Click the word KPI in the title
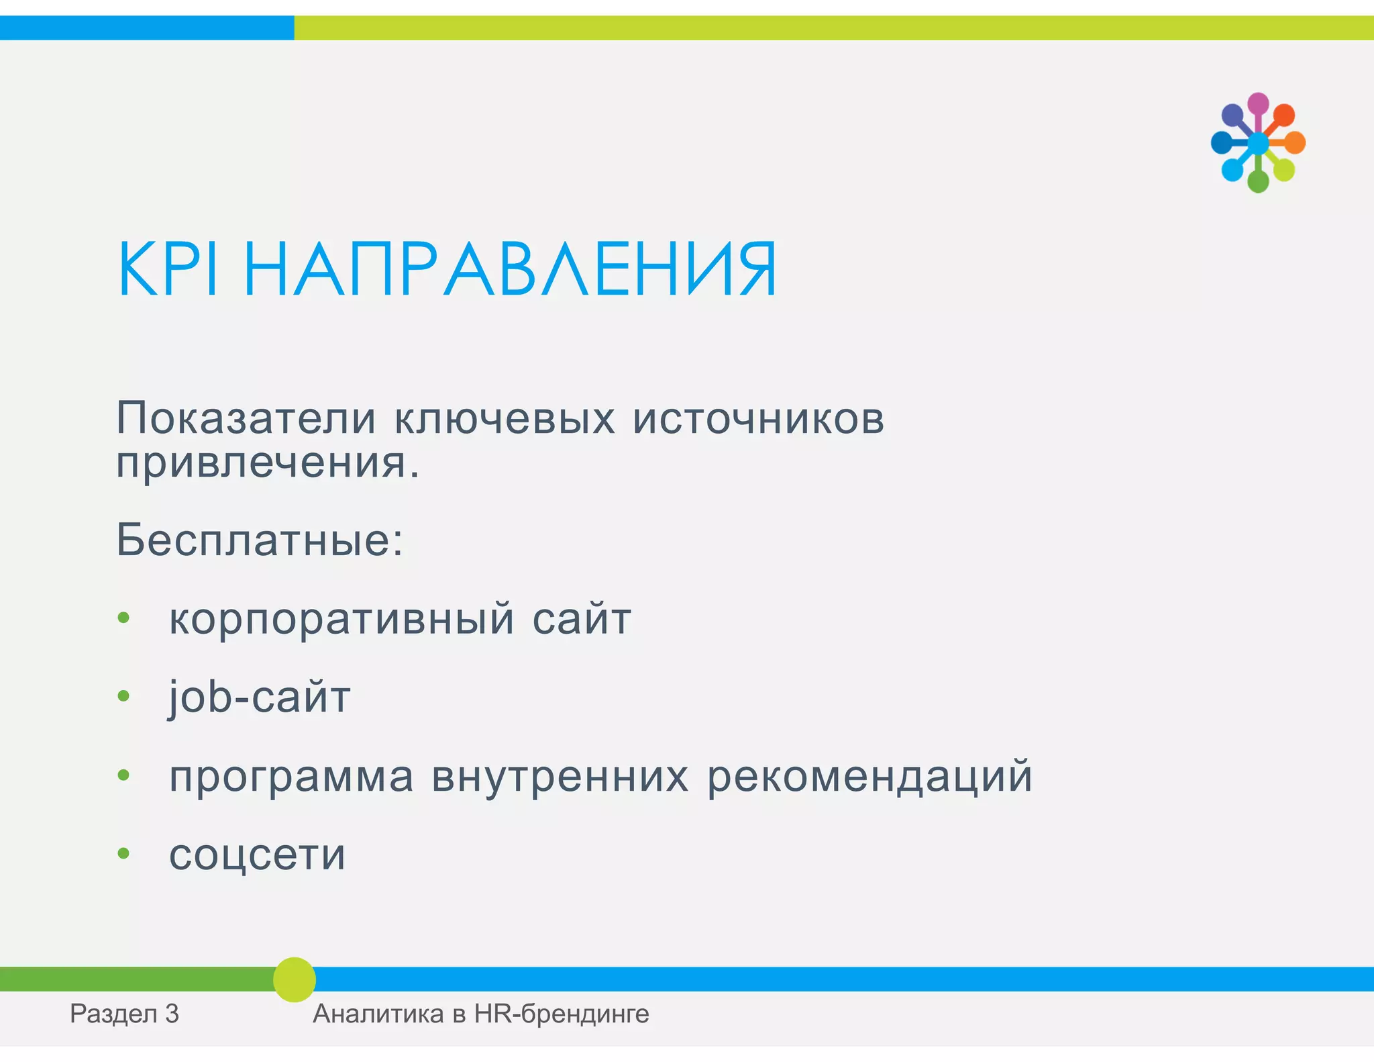pyautogui.click(x=168, y=269)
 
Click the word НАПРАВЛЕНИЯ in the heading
pyautogui.click(x=510, y=269)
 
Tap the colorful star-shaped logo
pyautogui.click(x=1258, y=143)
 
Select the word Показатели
pyautogui.click(x=246, y=418)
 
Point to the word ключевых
pyautogui.click(x=504, y=418)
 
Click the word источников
pyautogui.click(x=758, y=418)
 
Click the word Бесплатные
pyautogui.click(x=258, y=540)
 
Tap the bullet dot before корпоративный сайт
pyautogui.click(x=123, y=618)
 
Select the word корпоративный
pyautogui.click(x=341, y=618)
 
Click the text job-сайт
pyautogui.click(x=259, y=697)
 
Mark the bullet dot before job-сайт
pyautogui.click(x=123, y=696)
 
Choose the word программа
pyautogui.click(x=291, y=777)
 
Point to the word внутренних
pyautogui.click(x=560, y=777)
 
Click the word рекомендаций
pyautogui.click(x=869, y=777)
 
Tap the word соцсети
pyautogui.click(x=257, y=855)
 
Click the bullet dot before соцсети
pyautogui.click(x=123, y=853)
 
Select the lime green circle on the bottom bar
pyautogui.click(x=295, y=979)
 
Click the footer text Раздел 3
pyautogui.click(x=124, y=1014)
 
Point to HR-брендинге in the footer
pyautogui.click(x=562, y=1014)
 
